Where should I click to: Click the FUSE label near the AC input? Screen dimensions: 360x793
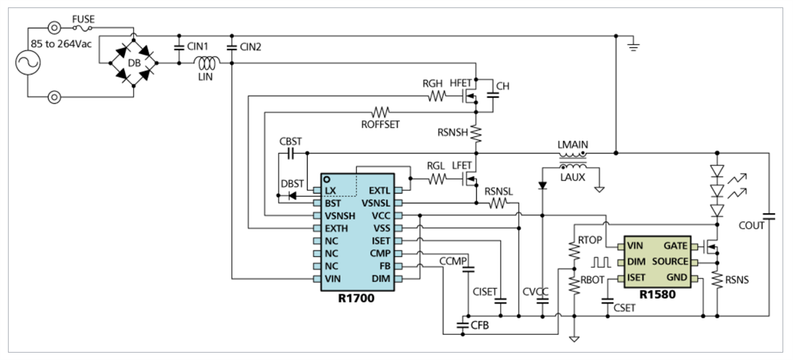[84, 20]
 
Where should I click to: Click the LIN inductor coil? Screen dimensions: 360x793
[206, 64]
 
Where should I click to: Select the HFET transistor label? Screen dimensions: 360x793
[462, 84]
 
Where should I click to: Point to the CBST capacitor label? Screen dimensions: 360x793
[291, 141]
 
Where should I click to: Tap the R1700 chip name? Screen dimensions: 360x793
[357, 299]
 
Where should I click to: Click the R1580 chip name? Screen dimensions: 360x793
[658, 295]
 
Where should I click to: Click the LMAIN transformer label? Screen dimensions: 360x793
[573, 145]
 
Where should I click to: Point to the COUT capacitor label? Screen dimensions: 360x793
[752, 225]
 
